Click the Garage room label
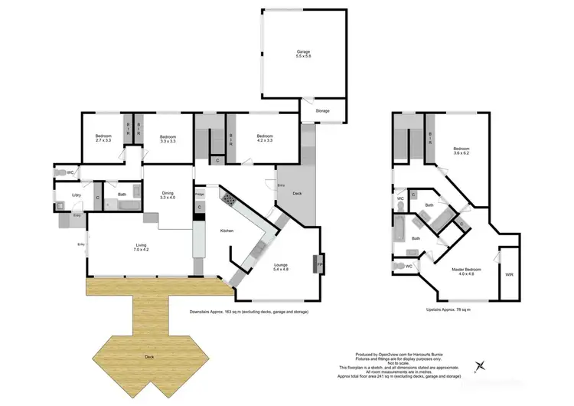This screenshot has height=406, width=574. pos(304,54)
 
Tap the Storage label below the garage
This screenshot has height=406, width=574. pos(322,111)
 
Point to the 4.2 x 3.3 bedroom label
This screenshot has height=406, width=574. pos(265,139)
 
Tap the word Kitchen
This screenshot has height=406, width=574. pos(227,231)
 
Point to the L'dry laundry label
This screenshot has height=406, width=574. pos(77,195)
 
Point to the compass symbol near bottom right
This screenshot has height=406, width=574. pos(480,366)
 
